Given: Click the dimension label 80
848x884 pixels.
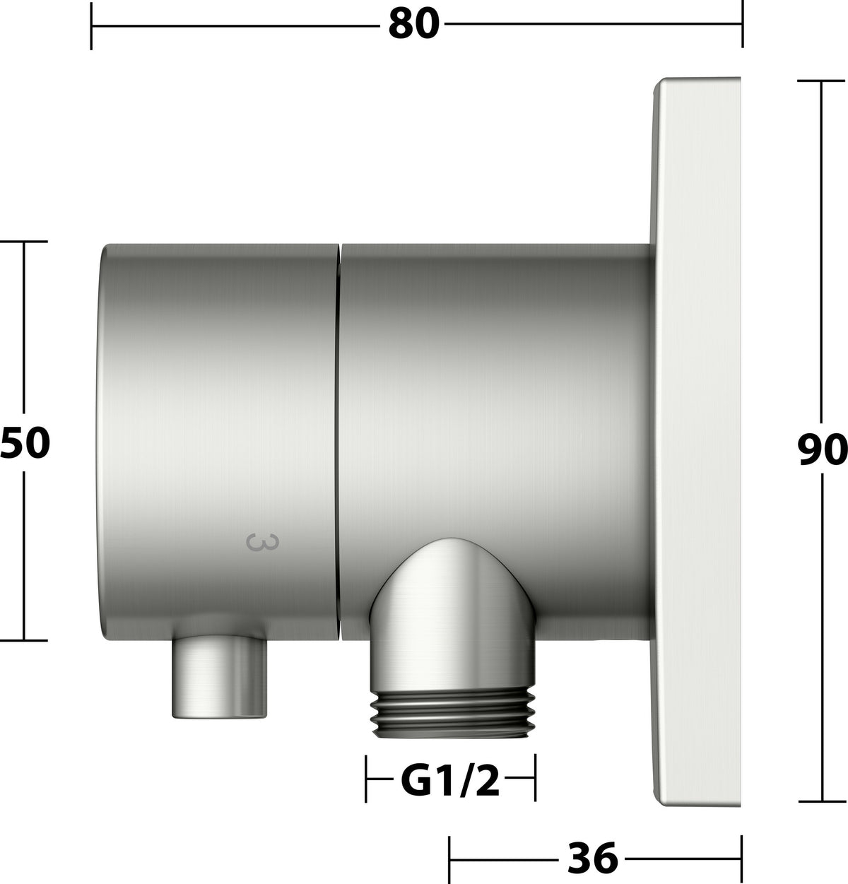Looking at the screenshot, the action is pyautogui.click(x=414, y=24).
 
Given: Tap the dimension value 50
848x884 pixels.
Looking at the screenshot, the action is pyautogui.click(x=25, y=443).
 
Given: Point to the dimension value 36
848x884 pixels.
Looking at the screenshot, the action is pyautogui.click(x=593, y=858).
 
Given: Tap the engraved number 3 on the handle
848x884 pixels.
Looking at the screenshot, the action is pyautogui.click(x=263, y=542).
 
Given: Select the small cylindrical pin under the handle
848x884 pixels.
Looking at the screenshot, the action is pyautogui.click(x=219, y=677).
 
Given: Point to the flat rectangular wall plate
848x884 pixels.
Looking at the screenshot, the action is pyautogui.click(x=697, y=442).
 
